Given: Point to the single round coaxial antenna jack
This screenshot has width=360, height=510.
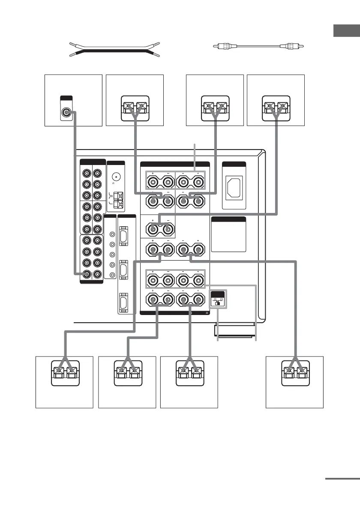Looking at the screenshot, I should pyautogui.click(x=116, y=176).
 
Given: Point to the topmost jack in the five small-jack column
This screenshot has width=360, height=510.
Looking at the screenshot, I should pyautogui.click(x=112, y=234).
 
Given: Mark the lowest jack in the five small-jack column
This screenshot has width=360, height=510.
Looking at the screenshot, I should pyautogui.click(x=112, y=275).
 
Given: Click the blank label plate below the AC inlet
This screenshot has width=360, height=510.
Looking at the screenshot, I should pyautogui.click(x=229, y=236).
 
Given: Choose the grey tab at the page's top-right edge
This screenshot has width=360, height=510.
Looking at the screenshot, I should pyautogui.click(x=347, y=31).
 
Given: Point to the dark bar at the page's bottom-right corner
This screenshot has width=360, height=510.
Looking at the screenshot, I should pyautogui.click(x=342, y=479).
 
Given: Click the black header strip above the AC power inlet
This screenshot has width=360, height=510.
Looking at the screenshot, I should pyautogui.click(x=234, y=164).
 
